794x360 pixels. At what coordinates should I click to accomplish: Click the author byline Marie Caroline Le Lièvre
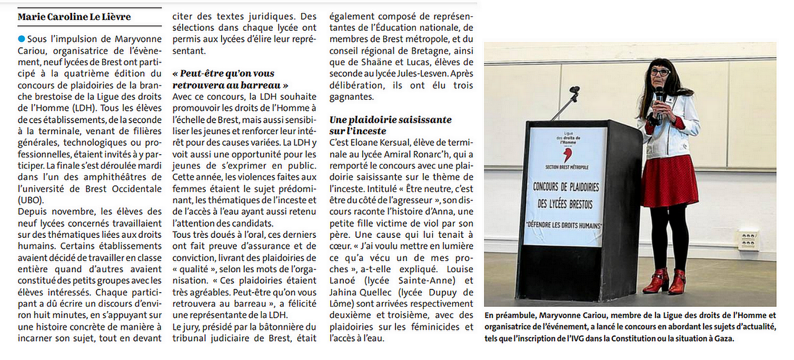tap(74, 17)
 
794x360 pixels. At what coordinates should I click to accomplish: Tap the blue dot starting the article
tap(21, 38)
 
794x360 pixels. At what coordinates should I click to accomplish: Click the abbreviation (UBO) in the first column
tap(31, 201)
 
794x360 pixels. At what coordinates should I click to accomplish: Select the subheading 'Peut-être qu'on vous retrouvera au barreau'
tap(231, 79)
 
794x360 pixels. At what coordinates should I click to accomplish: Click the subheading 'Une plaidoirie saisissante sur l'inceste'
tap(390, 125)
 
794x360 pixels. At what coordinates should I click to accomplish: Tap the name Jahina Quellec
tap(361, 292)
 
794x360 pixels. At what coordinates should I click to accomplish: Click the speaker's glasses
tap(660, 72)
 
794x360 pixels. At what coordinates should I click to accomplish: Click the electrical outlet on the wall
tap(748, 239)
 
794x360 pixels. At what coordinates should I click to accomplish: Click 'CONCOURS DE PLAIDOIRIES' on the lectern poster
tap(565, 188)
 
